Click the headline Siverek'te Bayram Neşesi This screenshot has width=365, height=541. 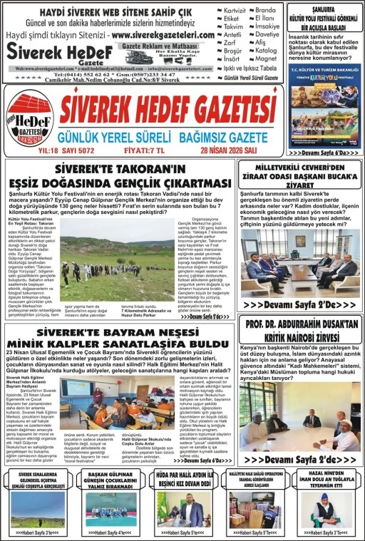pos(118,338)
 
